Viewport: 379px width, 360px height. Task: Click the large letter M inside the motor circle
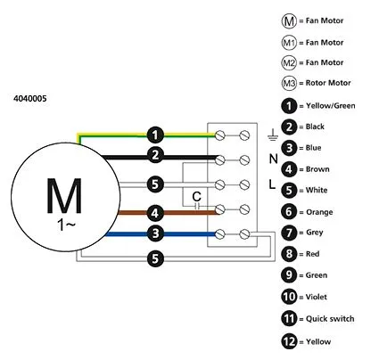(x=64, y=196)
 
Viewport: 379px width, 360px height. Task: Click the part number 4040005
(x=30, y=98)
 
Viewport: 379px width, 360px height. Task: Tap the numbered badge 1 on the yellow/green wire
(x=155, y=135)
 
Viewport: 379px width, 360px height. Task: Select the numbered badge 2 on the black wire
(x=155, y=155)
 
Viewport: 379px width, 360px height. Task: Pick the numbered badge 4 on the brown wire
(x=155, y=213)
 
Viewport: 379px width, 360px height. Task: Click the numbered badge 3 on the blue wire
(x=155, y=233)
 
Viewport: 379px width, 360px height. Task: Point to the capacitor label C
(x=196, y=196)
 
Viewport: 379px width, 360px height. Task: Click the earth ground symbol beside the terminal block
(x=272, y=135)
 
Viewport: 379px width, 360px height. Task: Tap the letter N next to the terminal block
(x=273, y=160)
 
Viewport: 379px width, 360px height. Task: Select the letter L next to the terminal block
(x=272, y=184)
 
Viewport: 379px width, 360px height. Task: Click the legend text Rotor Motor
(x=328, y=83)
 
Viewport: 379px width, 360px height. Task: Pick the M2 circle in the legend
(x=289, y=62)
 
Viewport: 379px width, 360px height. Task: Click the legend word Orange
(x=319, y=212)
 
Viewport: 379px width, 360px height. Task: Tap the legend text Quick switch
(x=330, y=319)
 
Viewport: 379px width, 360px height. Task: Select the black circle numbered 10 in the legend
(x=289, y=297)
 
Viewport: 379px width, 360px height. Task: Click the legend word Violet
(x=317, y=297)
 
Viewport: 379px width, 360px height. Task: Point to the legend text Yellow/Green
(x=331, y=106)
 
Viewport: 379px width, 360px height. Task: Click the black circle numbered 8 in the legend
(x=289, y=254)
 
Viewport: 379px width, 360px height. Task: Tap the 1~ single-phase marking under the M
(x=66, y=225)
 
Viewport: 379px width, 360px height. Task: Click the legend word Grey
(x=315, y=233)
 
